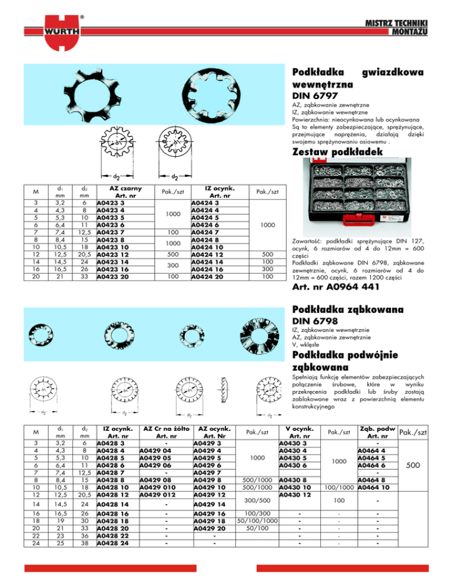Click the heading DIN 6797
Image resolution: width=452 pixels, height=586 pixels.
pos(312,94)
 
